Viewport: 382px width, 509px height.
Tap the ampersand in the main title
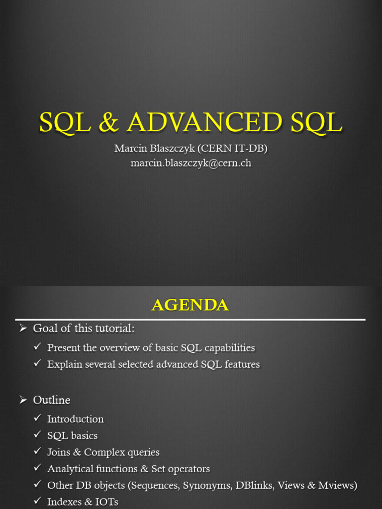[108, 122]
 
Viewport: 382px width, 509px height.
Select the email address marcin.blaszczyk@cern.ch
[191, 163]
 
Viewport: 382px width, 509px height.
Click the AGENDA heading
[191, 305]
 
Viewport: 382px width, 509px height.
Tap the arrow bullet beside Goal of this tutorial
[23, 329]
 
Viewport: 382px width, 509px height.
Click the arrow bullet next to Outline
[23, 400]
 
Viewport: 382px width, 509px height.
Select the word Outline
[52, 400]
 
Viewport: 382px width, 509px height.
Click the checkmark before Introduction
[38, 418]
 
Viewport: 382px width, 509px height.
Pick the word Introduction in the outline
[76, 419]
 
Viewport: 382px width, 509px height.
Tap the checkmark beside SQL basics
[38, 434]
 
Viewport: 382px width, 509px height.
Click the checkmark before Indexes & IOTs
[38, 501]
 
